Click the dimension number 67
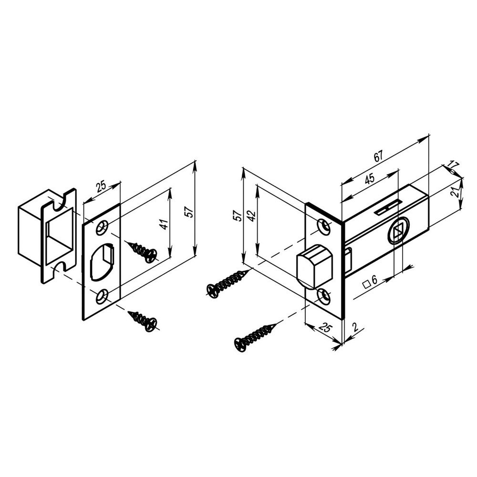[x=378, y=156]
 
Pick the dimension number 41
[x=164, y=224]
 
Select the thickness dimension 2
[x=355, y=327]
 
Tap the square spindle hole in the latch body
[x=398, y=232]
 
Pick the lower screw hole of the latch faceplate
[x=324, y=296]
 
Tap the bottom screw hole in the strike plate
[x=102, y=297]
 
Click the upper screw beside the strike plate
[x=142, y=252]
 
